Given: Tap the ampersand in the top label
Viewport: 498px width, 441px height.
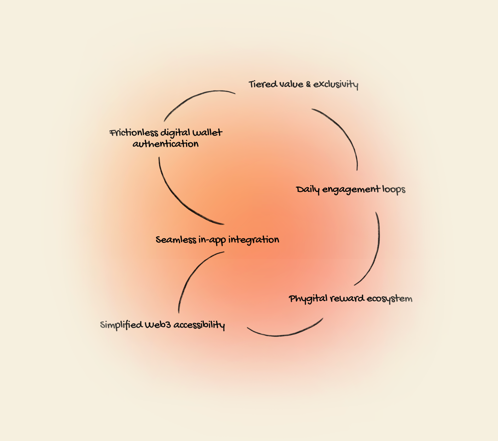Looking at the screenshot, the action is point(308,84).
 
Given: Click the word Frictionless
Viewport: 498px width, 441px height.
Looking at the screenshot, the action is point(134,133).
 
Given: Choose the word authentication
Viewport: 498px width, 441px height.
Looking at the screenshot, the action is point(166,144).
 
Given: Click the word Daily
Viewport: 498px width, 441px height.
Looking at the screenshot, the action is point(308,190).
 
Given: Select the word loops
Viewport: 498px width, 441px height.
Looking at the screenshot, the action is point(394,189).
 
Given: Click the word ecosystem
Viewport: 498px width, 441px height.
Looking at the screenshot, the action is point(389,299).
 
